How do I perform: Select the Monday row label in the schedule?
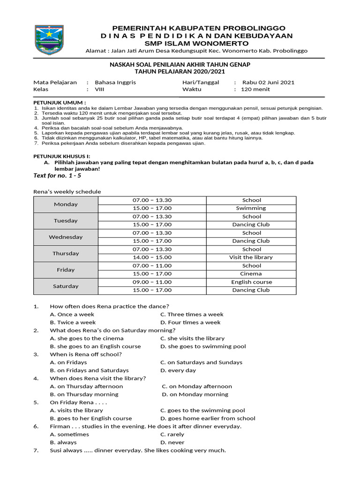(x=66, y=204)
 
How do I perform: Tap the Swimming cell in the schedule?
(x=251, y=208)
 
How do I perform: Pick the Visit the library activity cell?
(x=251, y=257)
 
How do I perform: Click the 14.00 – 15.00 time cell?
(x=152, y=257)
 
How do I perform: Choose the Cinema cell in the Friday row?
(x=251, y=274)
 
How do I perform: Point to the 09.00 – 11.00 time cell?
(x=152, y=282)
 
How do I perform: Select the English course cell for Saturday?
(x=251, y=282)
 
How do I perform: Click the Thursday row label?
(x=66, y=254)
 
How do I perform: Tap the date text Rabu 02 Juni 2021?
(x=268, y=82)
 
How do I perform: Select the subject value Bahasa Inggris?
(x=115, y=82)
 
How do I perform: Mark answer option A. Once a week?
(x=72, y=315)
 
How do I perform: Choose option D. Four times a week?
(x=190, y=322)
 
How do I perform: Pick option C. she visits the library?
(x=192, y=338)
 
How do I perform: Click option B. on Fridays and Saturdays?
(x=89, y=370)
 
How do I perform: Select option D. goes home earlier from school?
(x=208, y=418)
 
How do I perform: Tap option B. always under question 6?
(x=63, y=442)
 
